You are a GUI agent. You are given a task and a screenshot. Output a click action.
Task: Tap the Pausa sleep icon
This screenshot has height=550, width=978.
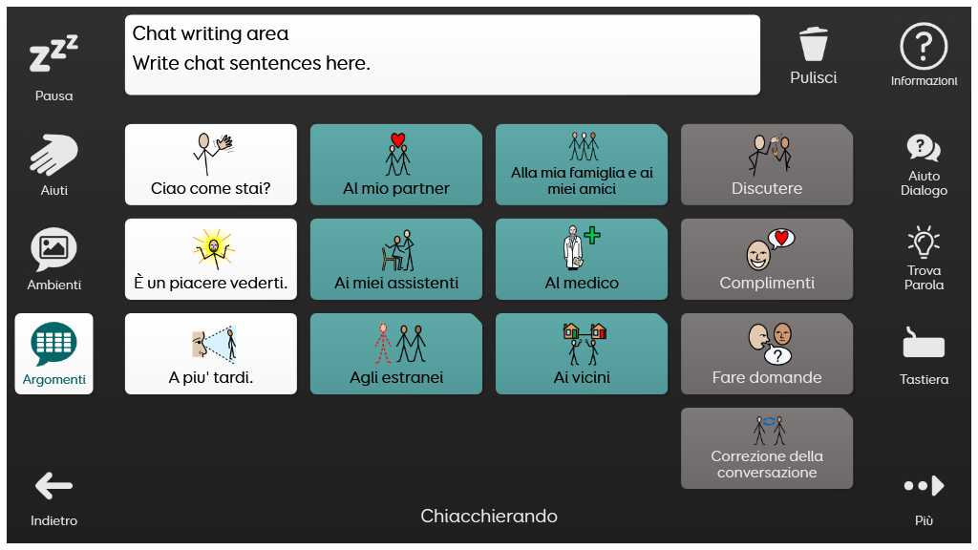click(x=53, y=53)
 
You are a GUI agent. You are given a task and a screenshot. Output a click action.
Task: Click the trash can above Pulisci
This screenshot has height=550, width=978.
click(x=814, y=44)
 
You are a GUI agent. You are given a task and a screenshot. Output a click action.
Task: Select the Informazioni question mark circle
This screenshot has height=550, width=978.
click(x=924, y=46)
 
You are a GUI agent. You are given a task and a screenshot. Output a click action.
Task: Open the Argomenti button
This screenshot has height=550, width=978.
click(x=53, y=353)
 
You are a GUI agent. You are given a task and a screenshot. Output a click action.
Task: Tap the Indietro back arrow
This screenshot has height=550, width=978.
click(x=53, y=486)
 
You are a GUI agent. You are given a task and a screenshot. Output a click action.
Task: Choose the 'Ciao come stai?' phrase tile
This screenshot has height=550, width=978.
click(x=211, y=164)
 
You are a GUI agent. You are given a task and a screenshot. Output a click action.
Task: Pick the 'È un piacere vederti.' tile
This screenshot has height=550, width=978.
click(x=211, y=259)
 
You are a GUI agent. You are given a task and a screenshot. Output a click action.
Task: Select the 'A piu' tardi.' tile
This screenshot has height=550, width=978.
click(x=211, y=353)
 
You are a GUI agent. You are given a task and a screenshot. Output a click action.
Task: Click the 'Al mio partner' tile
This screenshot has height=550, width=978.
click(x=396, y=164)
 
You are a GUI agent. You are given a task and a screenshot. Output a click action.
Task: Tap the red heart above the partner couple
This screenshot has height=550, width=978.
click(x=398, y=139)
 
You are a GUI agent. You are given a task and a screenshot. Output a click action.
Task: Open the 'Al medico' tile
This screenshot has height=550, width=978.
click(x=582, y=259)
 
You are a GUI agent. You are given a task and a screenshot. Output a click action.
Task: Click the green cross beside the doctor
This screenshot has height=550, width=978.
click(x=592, y=235)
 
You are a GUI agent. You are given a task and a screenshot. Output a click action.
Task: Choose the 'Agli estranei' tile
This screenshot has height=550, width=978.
click(x=396, y=353)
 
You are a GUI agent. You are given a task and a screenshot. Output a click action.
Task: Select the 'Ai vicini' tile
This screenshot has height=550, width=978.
click(x=582, y=353)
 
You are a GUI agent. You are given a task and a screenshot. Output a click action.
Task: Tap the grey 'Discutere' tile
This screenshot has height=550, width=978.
click(x=767, y=164)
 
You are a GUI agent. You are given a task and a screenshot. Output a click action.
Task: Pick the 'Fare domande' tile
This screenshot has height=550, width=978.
click(x=767, y=353)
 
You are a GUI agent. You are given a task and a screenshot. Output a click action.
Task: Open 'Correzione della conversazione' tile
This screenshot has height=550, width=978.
click(x=767, y=449)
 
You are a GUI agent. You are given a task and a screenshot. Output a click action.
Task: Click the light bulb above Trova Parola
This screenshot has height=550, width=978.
click(x=924, y=243)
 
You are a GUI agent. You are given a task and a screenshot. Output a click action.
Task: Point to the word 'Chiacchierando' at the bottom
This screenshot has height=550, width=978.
click(x=489, y=516)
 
